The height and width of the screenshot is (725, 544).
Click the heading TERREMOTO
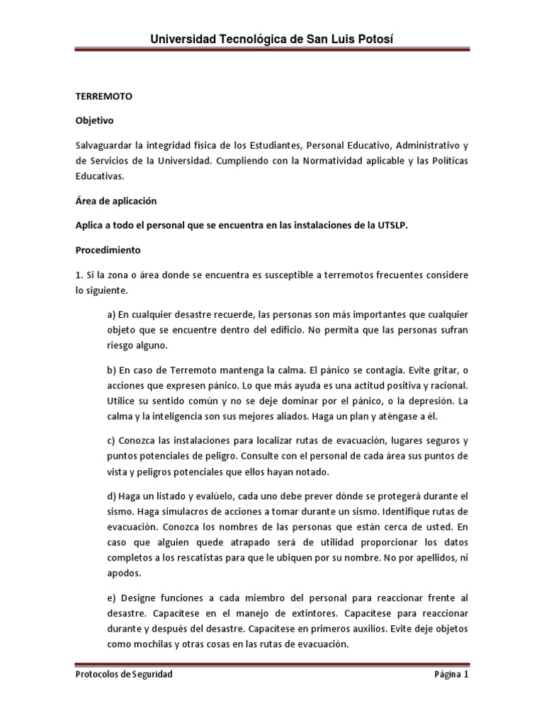(104, 96)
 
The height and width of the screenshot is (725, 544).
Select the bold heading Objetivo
(94, 121)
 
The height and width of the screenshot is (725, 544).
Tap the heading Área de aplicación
(116, 200)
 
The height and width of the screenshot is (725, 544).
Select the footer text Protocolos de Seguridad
(124, 675)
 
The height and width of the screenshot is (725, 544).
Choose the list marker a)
(112, 314)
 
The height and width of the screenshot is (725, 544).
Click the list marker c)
(112, 440)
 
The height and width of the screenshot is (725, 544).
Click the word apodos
(123, 573)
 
